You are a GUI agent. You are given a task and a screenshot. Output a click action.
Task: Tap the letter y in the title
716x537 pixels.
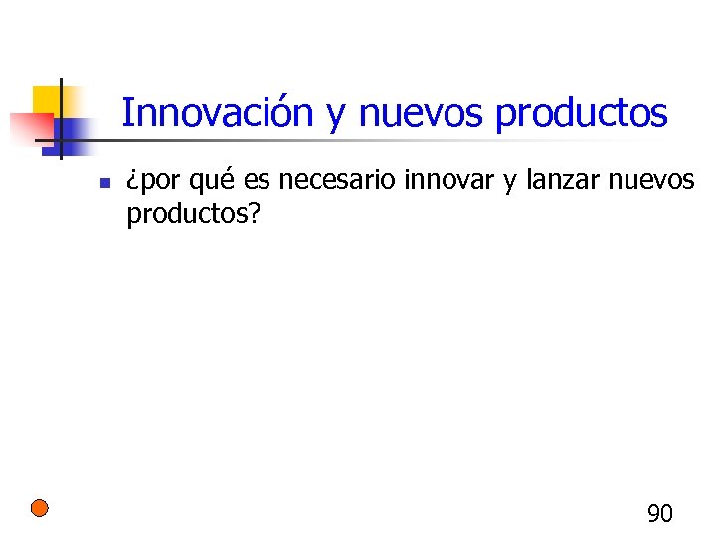[335, 117]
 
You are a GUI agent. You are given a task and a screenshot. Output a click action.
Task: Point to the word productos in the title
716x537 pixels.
[582, 115]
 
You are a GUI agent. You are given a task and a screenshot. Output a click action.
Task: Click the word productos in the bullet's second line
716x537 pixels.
[184, 216]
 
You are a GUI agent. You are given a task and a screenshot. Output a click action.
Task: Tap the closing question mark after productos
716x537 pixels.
[253, 214]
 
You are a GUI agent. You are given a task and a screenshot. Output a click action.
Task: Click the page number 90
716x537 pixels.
[660, 514]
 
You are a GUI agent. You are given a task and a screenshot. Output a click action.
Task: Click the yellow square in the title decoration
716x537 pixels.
[46, 100]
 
